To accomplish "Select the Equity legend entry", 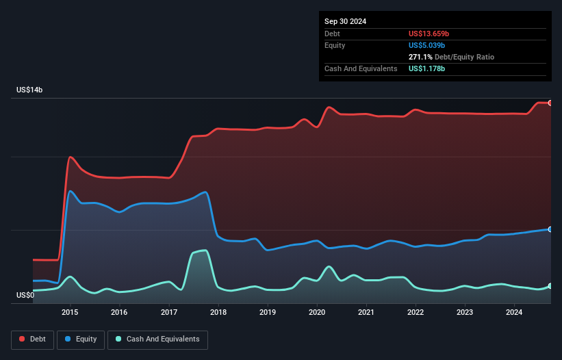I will tap(80, 339).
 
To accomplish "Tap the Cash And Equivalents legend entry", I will tap(157, 339).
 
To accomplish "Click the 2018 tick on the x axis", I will tap(218, 313).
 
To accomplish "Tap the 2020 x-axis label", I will tap(317, 313).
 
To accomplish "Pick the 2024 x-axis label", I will tap(515, 313).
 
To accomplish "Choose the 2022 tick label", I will tap(416, 313).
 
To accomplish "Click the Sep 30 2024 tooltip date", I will tap(345, 21).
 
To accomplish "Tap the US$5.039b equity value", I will tap(429, 45).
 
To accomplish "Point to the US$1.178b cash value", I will tap(427, 68).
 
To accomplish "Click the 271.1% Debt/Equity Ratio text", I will tap(451, 57).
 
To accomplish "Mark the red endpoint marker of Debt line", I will tap(550, 103).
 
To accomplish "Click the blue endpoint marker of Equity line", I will tap(550, 229).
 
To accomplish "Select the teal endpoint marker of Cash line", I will tap(550, 286).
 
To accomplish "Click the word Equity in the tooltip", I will tap(335, 45).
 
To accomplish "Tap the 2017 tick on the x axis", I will tap(169, 313).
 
